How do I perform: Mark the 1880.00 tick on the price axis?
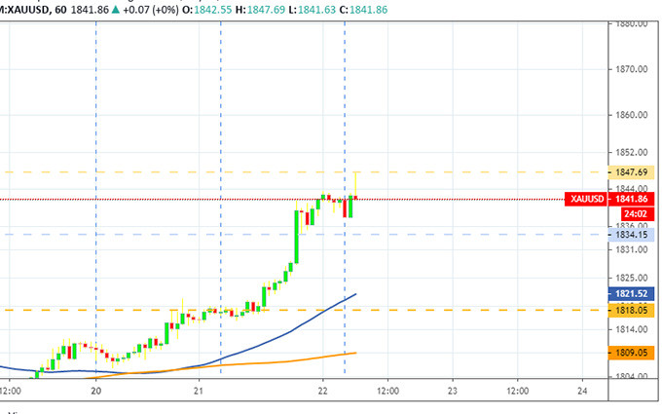click(632, 23)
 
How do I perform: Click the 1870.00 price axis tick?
click(632, 69)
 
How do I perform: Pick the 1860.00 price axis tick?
click(632, 115)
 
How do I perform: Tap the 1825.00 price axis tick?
click(632, 277)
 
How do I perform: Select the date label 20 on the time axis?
click(95, 391)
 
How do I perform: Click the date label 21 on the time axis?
click(199, 391)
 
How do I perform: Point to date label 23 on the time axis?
click(452, 391)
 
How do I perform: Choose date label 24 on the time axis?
click(582, 391)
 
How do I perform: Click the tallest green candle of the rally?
click(296, 232)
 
